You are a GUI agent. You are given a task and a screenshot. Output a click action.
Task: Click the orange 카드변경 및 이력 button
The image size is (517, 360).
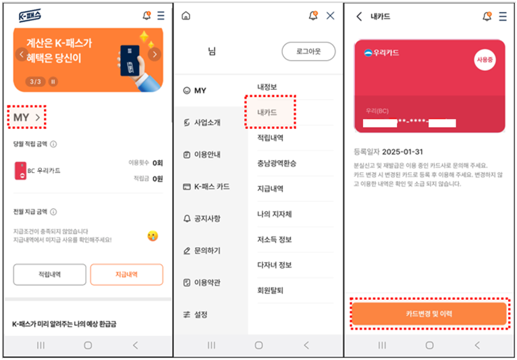tap(429, 314)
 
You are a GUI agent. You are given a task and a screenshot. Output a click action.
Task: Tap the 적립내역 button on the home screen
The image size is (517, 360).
tap(50, 274)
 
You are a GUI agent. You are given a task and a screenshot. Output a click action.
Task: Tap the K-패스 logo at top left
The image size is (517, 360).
tap(29, 16)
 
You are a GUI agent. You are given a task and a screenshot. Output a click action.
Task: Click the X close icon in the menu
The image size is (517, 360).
tap(330, 16)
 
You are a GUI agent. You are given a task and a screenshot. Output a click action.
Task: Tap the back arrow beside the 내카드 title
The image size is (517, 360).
tap(359, 16)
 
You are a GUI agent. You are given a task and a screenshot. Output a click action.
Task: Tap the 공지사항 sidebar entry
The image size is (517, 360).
tap(207, 219)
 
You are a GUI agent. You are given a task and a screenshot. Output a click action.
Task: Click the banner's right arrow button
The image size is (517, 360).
tap(154, 54)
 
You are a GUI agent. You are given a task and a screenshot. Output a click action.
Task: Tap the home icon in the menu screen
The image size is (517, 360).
tap(186, 16)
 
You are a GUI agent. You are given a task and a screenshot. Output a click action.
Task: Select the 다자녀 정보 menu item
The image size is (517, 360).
tap(274, 265)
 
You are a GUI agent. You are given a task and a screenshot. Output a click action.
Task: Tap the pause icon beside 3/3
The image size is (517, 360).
tap(53, 82)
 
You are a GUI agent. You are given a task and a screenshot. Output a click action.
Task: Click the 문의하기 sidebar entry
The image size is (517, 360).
tap(207, 251)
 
